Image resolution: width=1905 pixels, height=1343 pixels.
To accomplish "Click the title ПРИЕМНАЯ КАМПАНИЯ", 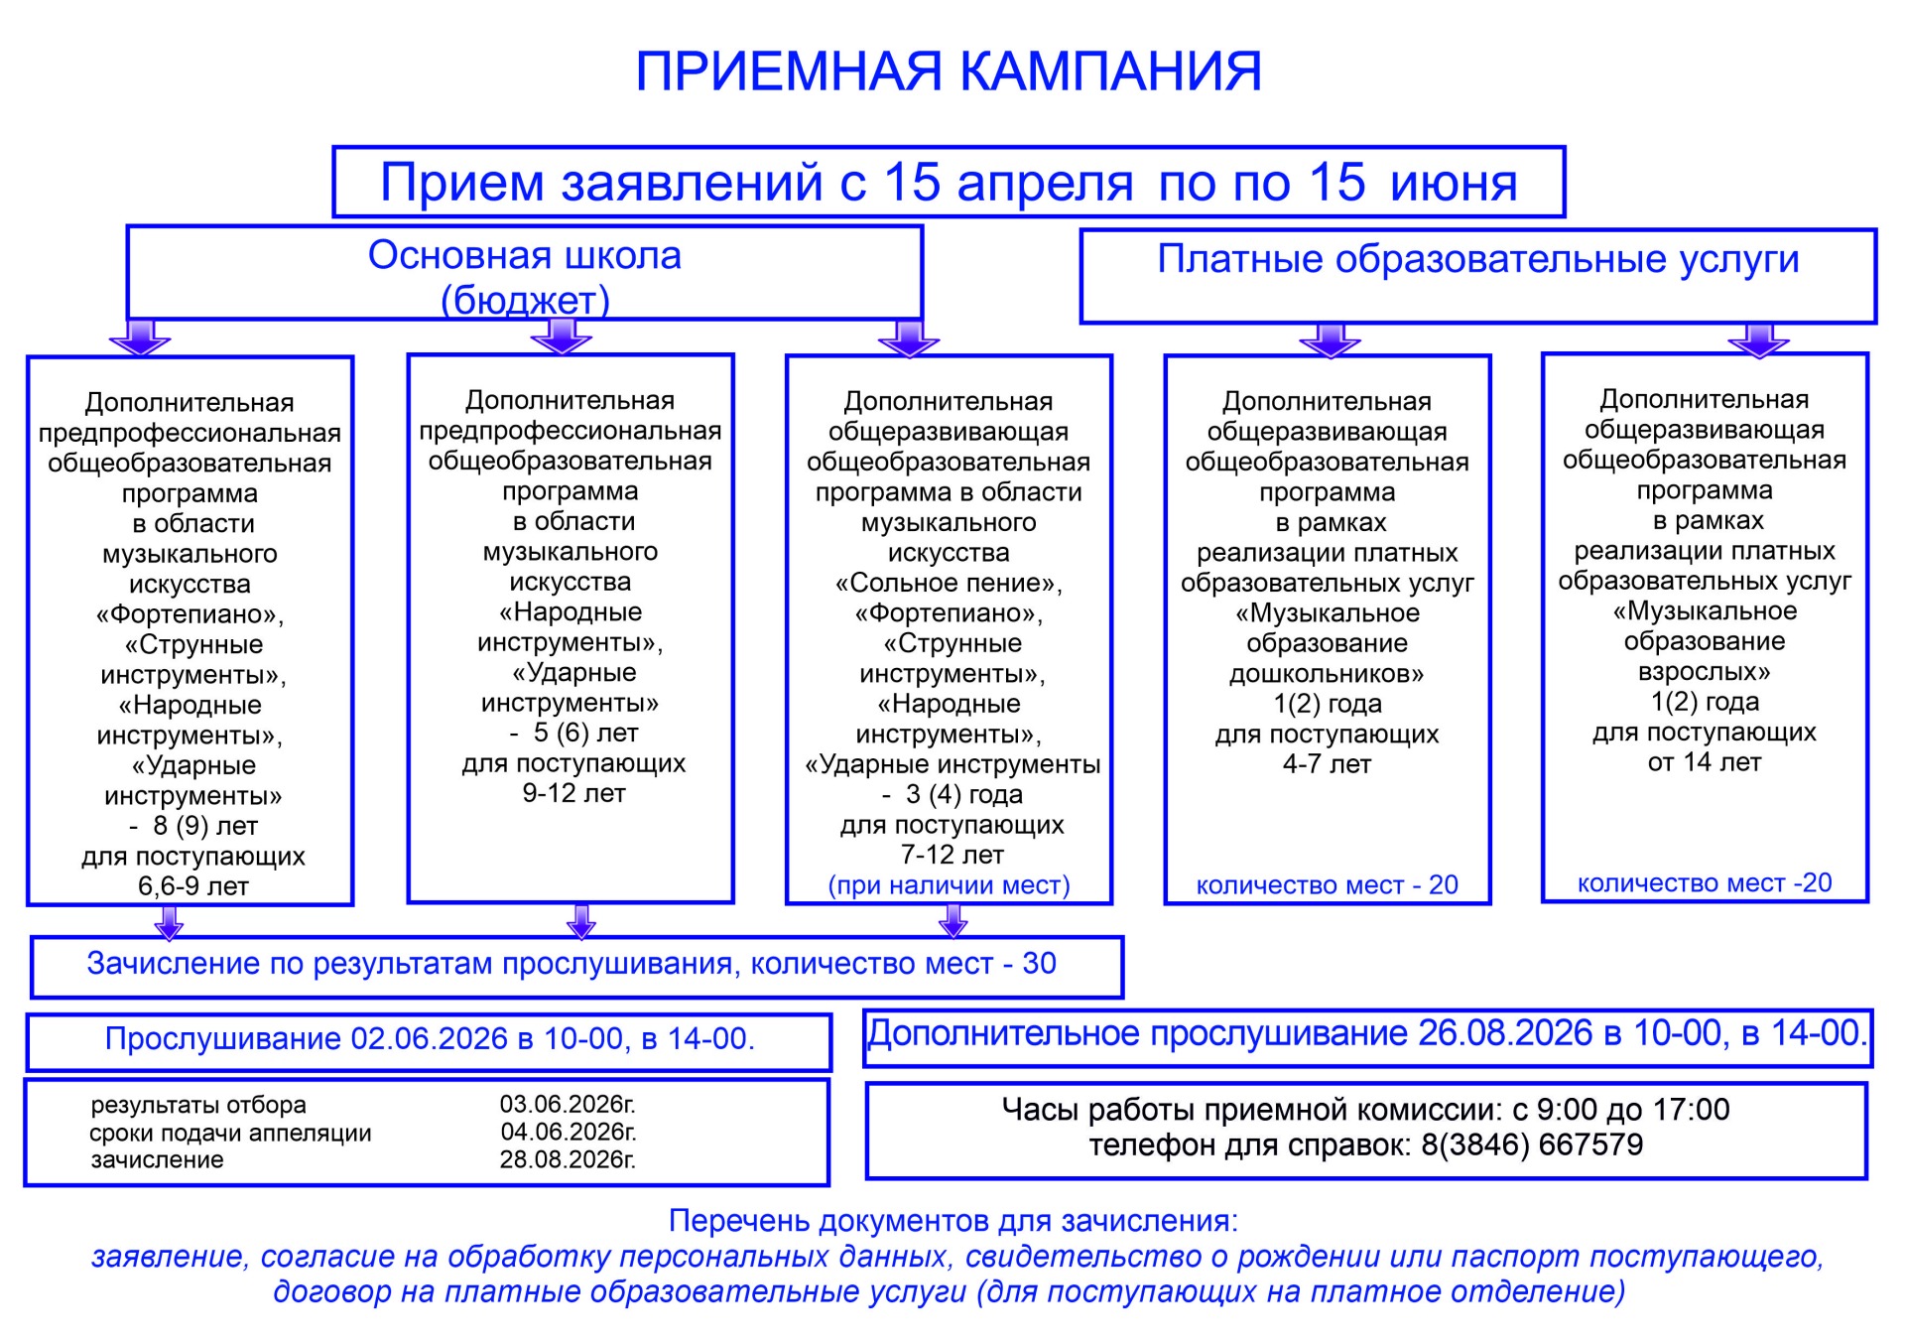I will click(948, 71).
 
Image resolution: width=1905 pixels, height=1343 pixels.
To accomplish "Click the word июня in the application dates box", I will click(1454, 184).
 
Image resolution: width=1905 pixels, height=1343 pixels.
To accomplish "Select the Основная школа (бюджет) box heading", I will click(525, 277).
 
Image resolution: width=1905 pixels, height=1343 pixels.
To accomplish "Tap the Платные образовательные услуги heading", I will click(1477, 259).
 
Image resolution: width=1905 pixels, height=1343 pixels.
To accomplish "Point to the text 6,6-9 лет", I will click(192, 886).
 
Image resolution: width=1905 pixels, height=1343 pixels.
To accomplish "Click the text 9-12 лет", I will click(573, 793).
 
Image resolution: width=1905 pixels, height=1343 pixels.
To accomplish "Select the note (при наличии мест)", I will click(949, 884).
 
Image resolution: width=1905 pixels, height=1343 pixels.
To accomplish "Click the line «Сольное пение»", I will click(949, 583).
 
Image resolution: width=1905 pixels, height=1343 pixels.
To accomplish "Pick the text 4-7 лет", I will click(1327, 764).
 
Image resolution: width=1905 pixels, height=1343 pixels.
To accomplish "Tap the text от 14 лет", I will click(1704, 762).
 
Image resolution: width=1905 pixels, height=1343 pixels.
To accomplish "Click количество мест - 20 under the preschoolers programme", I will click(1327, 884).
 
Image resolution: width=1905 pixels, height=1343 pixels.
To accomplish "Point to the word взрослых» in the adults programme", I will click(1704, 671).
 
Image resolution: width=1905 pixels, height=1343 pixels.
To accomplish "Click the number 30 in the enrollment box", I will click(1039, 963).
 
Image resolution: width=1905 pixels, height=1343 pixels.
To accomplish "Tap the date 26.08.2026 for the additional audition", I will click(1504, 1033).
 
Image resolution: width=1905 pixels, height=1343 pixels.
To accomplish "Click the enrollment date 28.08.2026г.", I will click(568, 1159).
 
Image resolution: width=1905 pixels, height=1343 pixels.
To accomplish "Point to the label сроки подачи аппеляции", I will click(230, 1133).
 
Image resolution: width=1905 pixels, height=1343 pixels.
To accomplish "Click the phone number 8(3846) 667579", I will click(1532, 1144).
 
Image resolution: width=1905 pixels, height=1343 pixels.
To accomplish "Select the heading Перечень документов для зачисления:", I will click(952, 1220).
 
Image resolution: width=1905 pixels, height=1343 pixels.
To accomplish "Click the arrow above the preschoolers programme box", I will click(1329, 339).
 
